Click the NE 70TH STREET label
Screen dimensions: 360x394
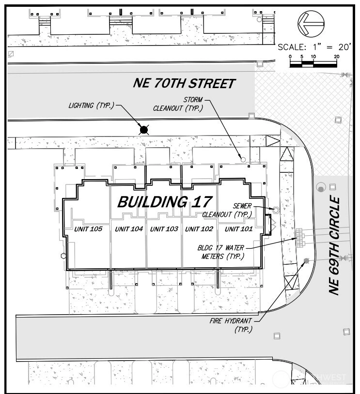click(184, 83)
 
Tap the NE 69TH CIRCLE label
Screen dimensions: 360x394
click(335, 245)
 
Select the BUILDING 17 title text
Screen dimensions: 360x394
click(165, 202)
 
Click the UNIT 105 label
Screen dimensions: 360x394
click(88, 229)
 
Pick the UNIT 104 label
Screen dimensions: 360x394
click(129, 229)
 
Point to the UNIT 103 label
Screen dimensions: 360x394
click(164, 229)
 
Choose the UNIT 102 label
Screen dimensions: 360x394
click(199, 229)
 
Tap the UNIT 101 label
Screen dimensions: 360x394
click(238, 229)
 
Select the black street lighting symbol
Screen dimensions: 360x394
click(143, 130)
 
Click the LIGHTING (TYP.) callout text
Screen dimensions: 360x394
click(91, 106)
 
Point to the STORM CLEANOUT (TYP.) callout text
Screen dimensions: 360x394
click(178, 104)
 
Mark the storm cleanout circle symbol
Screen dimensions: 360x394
click(243, 159)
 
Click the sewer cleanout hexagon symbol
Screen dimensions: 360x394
click(276, 210)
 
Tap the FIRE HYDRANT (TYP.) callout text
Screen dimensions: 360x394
click(231, 325)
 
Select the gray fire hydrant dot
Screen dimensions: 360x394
click(306, 261)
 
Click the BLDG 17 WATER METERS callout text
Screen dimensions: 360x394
click(220, 252)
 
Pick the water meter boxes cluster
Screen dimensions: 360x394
click(299, 238)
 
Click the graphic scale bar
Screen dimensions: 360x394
click(313, 65)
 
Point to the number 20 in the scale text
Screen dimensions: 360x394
click(344, 47)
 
